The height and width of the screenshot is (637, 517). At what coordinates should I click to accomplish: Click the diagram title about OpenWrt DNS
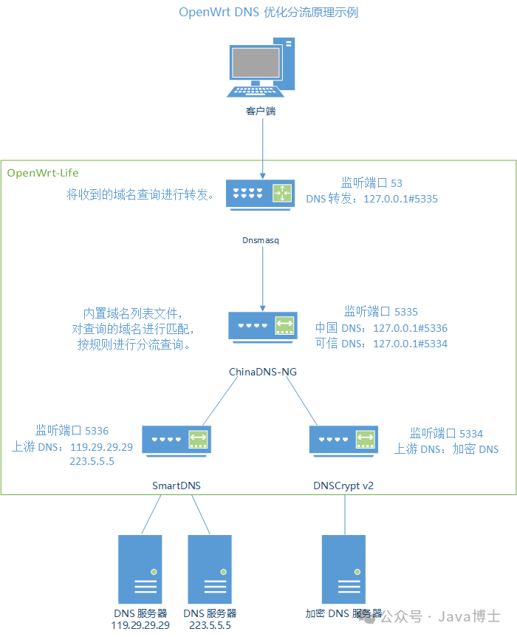[x=269, y=13]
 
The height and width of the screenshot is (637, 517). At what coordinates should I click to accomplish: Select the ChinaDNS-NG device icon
[x=262, y=326]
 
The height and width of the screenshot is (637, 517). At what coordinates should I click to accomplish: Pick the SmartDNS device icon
[x=177, y=440]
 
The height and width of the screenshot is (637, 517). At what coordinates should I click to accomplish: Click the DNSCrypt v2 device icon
[x=343, y=440]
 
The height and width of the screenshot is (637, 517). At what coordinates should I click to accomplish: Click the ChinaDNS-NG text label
[x=263, y=372]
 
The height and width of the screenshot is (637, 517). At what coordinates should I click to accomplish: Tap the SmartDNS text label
[x=177, y=486]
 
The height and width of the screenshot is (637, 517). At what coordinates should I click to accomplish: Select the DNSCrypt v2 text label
[x=346, y=486]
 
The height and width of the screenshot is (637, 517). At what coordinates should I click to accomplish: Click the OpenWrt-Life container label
[x=43, y=173]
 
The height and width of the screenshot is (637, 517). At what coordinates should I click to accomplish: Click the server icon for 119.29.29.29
[x=140, y=569]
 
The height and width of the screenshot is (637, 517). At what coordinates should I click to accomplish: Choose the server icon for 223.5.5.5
[x=210, y=569]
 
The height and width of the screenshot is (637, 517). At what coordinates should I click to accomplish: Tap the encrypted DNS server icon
[x=343, y=569]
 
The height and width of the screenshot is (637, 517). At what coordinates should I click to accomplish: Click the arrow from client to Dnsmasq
[x=263, y=148]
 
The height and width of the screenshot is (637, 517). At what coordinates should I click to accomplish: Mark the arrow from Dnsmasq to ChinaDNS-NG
[x=263, y=277]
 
